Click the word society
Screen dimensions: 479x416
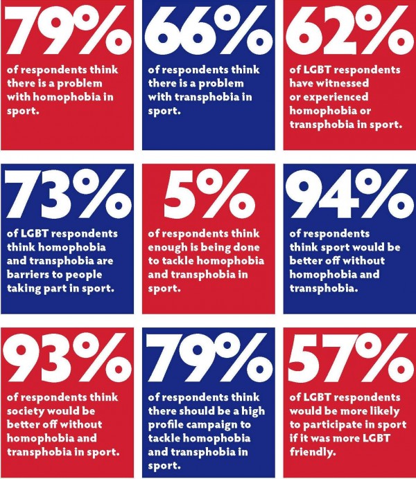pos(31,411)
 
